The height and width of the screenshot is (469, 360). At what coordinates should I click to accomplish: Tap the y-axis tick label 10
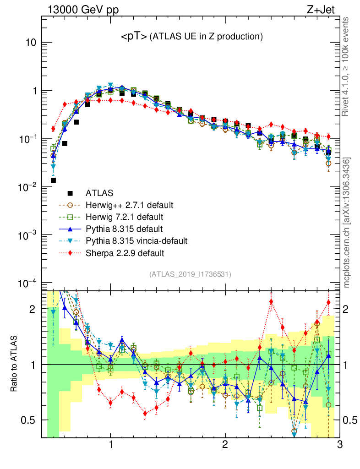30,43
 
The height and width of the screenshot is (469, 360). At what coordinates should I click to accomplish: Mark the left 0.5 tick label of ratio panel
28,420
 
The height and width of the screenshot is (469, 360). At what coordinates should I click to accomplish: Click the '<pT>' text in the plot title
134,37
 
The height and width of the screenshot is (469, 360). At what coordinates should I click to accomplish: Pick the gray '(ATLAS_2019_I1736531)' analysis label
190,274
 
